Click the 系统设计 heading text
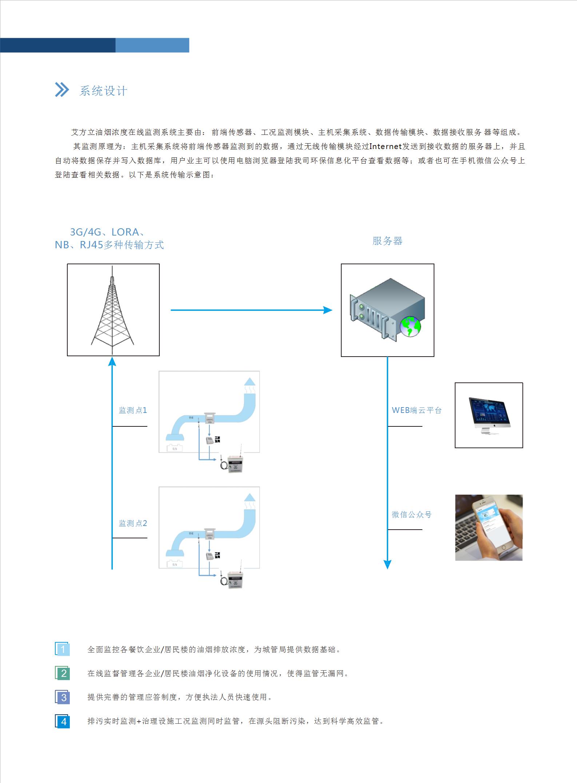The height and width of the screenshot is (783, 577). (x=103, y=91)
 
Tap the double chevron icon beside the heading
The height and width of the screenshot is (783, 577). (x=61, y=90)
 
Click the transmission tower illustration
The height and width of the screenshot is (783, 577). (x=113, y=309)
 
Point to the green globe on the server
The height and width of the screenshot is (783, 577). (x=410, y=326)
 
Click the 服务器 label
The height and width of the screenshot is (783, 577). (x=387, y=241)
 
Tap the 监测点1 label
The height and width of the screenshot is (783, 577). (x=133, y=410)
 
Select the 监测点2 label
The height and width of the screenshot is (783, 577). (x=133, y=523)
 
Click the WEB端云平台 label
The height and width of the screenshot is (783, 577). (x=417, y=410)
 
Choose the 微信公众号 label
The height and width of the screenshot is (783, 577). (x=411, y=514)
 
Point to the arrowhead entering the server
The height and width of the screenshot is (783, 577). (x=328, y=310)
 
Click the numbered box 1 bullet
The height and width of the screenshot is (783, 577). (x=63, y=649)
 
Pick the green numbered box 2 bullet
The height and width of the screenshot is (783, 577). (x=63, y=673)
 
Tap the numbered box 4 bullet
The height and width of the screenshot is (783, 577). (x=63, y=721)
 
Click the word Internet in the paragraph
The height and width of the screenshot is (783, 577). (x=385, y=146)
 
